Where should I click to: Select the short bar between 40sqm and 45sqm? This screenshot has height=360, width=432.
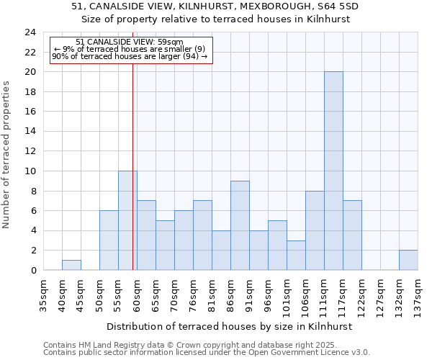[71, 265]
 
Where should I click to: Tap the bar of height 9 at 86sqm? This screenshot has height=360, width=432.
[240, 225]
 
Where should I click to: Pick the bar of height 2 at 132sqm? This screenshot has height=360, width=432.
[408, 260]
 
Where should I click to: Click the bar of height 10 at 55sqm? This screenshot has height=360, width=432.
[127, 220]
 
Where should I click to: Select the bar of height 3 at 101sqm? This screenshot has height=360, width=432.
[296, 255]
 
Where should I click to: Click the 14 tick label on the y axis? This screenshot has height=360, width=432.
[30, 132]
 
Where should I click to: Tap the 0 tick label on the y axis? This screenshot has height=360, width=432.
[33, 271]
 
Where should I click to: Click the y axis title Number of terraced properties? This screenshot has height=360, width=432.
[7, 154]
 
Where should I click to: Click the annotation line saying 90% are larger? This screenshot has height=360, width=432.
[130, 56]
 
